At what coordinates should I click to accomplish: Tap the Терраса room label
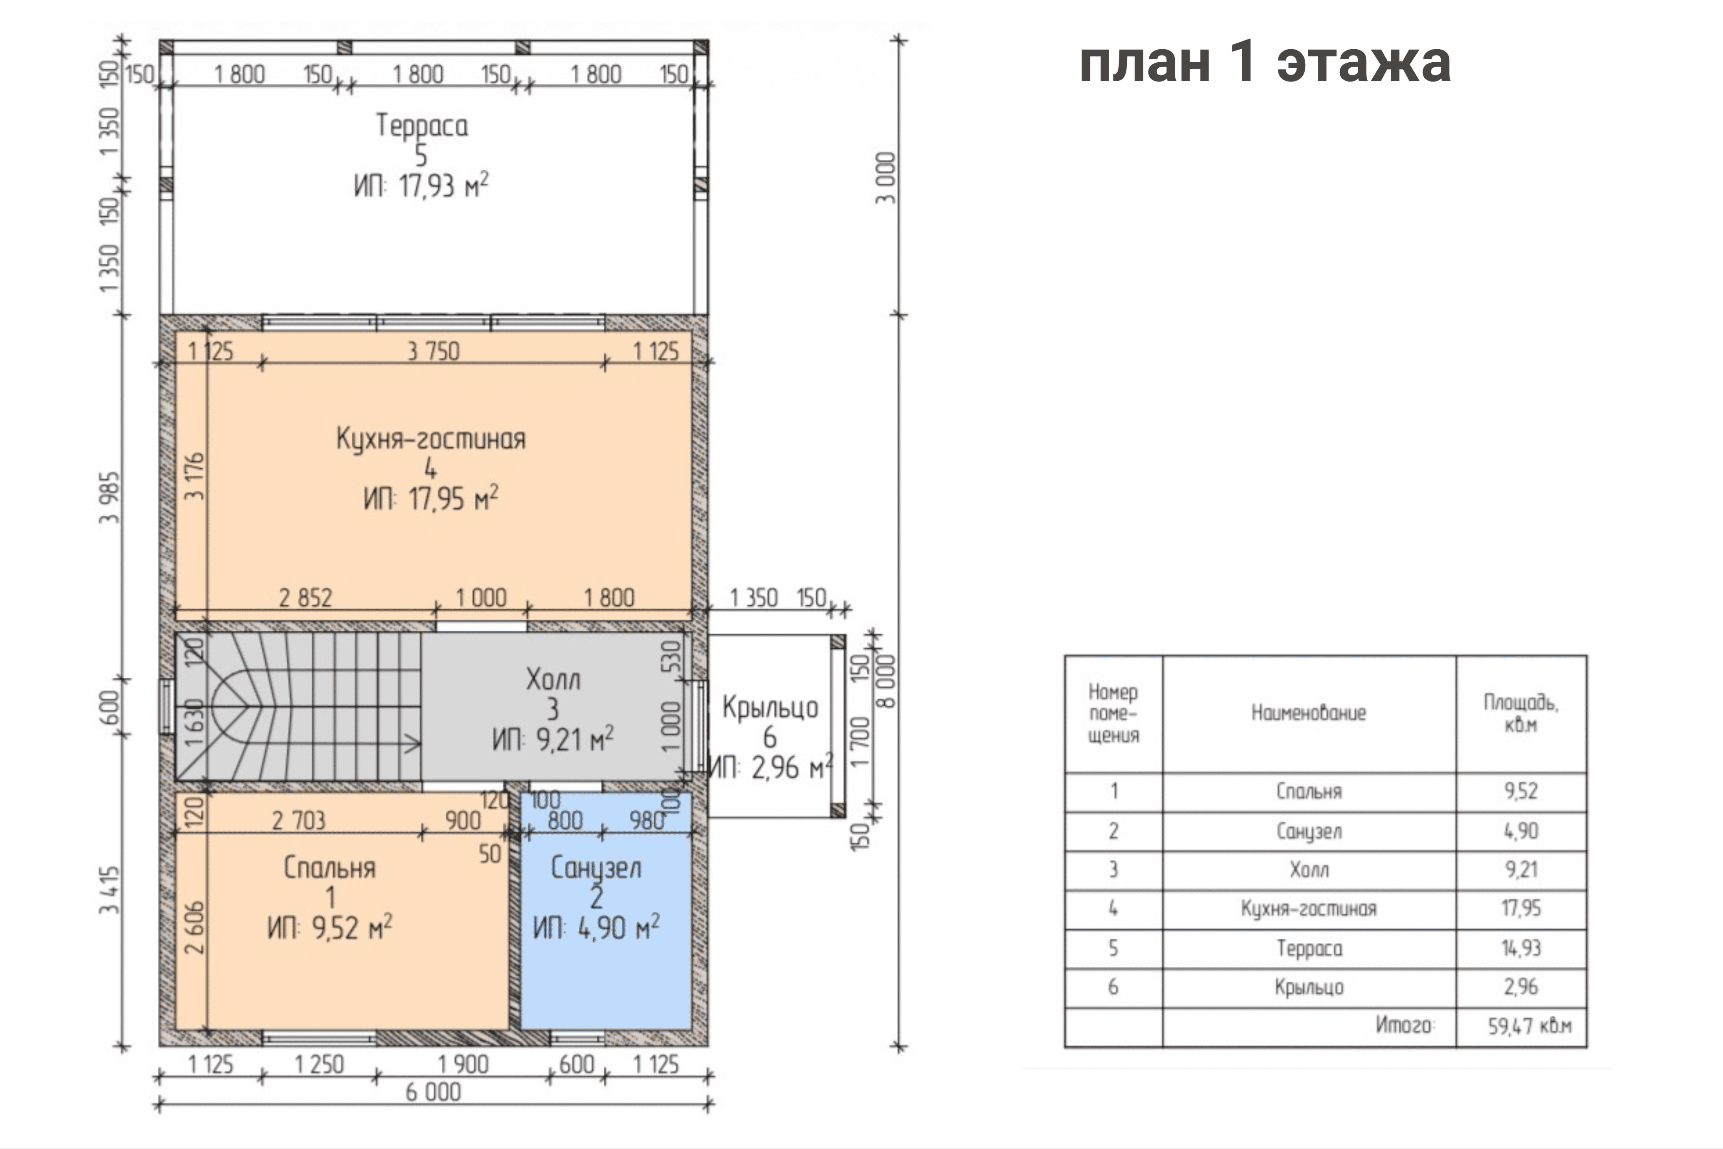[x=422, y=125]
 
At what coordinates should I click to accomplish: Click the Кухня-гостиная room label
[x=431, y=439]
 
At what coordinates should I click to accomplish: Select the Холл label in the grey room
[x=553, y=679]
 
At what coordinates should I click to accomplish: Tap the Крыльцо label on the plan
[x=770, y=707]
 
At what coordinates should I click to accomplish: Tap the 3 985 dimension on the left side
[x=109, y=498]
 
